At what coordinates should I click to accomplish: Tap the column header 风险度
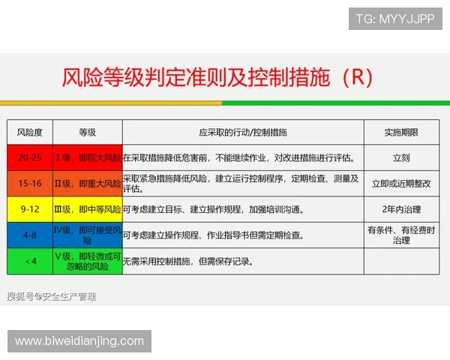click(x=29, y=132)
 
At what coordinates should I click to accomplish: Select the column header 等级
click(x=87, y=132)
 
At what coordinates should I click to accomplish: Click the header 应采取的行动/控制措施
click(x=242, y=132)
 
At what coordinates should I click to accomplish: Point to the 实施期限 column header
click(x=401, y=132)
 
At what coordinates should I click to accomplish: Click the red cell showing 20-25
click(x=30, y=158)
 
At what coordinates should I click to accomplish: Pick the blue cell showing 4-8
click(x=30, y=235)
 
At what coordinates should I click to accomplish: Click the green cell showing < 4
click(x=30, y=261)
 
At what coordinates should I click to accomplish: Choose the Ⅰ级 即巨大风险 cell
click(x=87, y=158)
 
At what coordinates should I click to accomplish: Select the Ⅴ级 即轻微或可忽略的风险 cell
click(x=87, y=261)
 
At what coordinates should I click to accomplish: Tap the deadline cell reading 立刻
click(x=401, y=158)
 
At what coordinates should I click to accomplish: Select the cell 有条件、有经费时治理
click(x=401, y=235)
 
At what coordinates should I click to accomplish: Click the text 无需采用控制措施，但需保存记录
click(x=188, y=262)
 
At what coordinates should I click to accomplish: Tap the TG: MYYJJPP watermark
click(x=394, y=19)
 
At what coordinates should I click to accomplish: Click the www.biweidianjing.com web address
click(x=79, y=341)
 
